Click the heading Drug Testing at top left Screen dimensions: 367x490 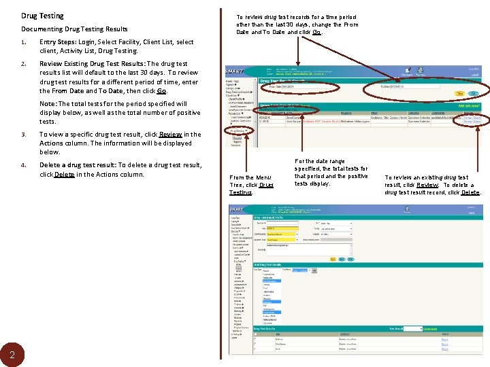(x=42, y=16)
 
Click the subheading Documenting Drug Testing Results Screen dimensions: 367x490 (x=74, y=29)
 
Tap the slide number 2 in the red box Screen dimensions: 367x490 (x=12, y=354)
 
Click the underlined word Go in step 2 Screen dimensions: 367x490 (x=161, y=90)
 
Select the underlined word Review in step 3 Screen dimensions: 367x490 (x=171, y=135)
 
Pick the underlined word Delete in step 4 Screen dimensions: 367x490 (x=64, y=174)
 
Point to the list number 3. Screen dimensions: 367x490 (x=23, y=135)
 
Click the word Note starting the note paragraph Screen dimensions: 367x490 (x=48, y=104)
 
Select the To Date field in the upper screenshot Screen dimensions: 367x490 (x=408, y=87)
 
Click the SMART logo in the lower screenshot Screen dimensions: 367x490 (x=238, y=211)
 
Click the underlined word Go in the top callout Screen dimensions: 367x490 (x=316, y=32)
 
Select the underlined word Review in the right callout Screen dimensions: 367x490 (x=427, y=184)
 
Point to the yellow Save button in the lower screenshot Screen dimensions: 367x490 (x=332, y=258)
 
